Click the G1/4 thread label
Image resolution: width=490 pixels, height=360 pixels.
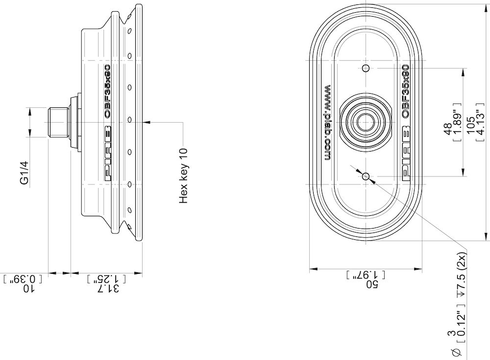click(24, 173)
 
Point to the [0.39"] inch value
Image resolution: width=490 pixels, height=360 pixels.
click(23, 279)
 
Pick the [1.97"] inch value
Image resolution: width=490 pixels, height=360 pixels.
click(366, 275)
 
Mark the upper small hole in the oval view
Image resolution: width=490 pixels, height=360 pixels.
click(366, 67)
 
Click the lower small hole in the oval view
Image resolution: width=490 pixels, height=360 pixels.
click(366, 175)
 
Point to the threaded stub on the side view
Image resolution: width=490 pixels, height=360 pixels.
click(59, 122)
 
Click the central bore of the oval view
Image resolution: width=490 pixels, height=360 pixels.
click(366, 121)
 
